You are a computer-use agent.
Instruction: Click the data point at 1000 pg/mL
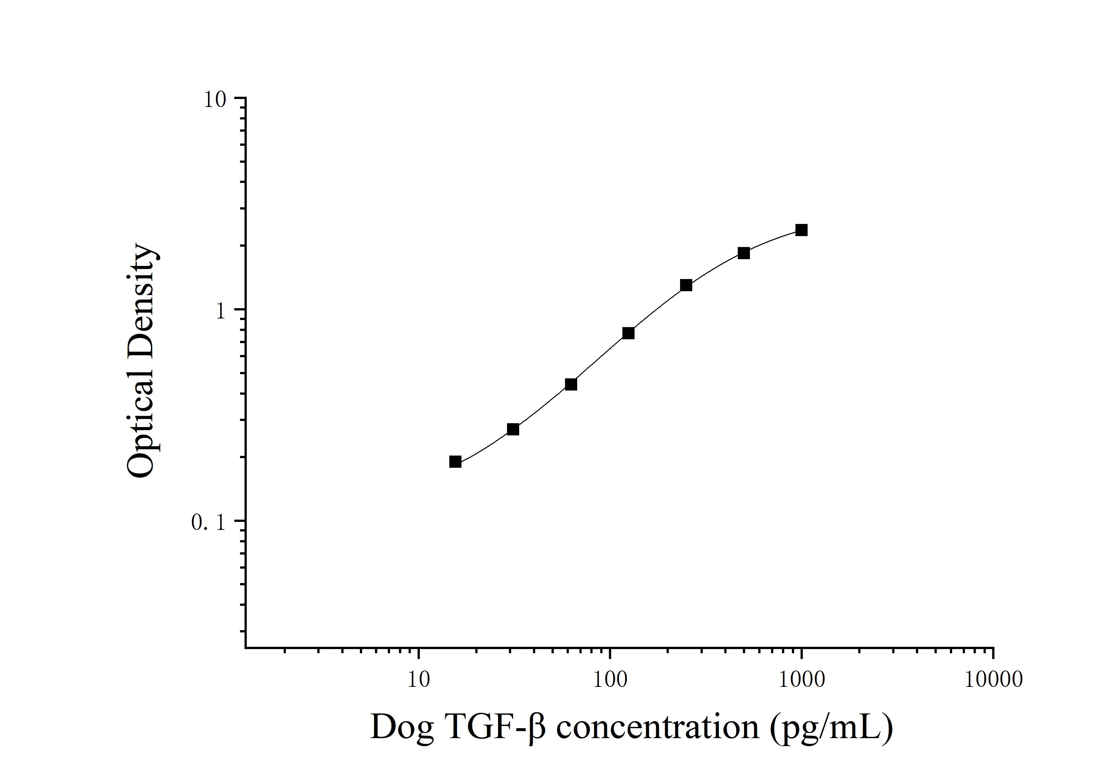tap(801, 230)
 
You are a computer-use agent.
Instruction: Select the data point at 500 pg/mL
tap(744, 253)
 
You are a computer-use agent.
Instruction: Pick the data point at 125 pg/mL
tap(628, 333)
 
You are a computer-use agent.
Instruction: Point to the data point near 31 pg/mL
tap(513, 429)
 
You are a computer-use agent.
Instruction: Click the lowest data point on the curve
tap(455, 462)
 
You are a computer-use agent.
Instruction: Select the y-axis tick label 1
tap(220, 311)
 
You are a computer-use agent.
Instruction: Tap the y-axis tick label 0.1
tap(208, 523)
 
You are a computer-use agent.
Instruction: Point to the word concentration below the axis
tap(657, 728)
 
